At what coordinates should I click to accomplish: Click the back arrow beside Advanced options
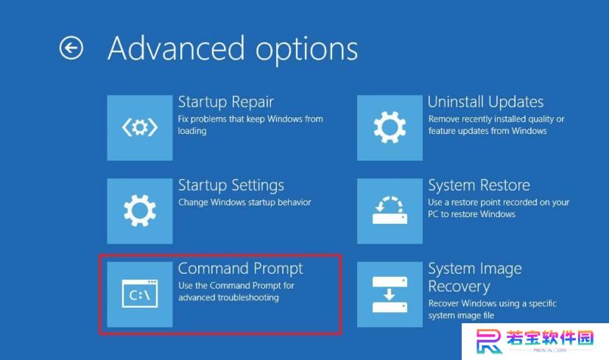point(71,48)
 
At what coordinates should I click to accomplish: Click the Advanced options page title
point(233,49)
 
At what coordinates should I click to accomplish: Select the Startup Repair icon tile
point(140,128)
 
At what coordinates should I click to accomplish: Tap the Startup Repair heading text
point(225,102)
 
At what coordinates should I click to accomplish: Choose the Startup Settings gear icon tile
point(140,211)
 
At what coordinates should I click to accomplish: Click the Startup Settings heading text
point(231,186)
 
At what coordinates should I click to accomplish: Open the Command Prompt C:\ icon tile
point(140,294)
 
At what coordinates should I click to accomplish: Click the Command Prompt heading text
point(240,269)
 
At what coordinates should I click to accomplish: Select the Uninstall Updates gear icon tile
point(390,128)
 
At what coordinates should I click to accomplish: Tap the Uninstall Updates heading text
point(485,102)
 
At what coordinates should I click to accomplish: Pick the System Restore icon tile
point(390,211)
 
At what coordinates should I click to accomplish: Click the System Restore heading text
point(479,186)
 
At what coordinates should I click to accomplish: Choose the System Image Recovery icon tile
point(390,294)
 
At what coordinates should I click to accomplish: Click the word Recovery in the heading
point(459,286)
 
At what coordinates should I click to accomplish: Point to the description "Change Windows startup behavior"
point(244,202)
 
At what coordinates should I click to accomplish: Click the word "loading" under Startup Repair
point(192,131)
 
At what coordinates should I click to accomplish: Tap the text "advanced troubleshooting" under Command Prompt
point(228,297)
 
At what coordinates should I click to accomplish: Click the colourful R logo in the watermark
point(489,341)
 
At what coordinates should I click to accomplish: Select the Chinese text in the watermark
point(550,338)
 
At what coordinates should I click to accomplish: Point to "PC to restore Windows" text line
point(471,214)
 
